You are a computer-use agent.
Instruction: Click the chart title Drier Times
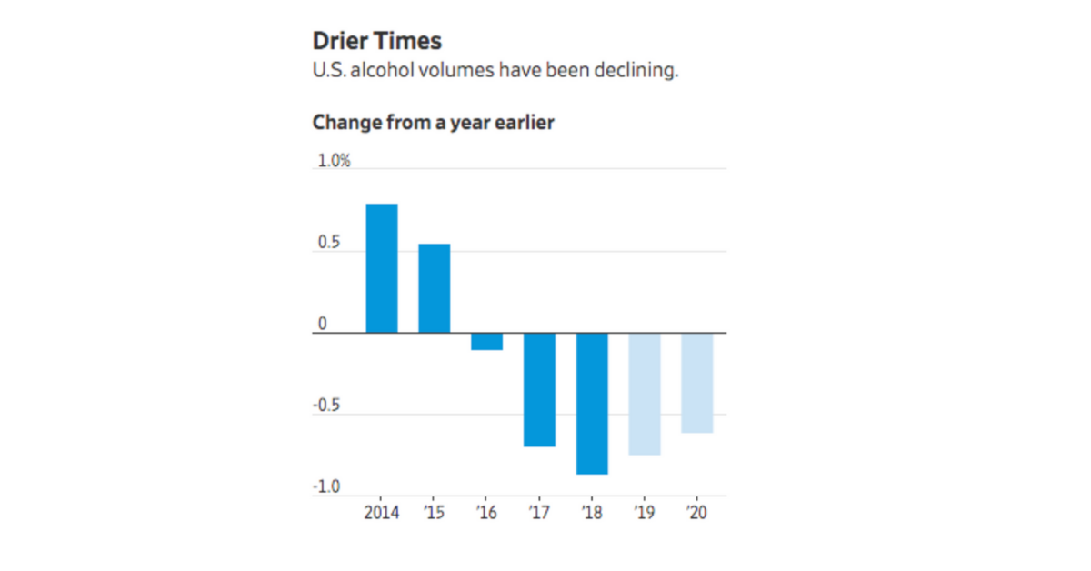(376, 42)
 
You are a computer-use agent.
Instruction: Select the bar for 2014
(382, 268)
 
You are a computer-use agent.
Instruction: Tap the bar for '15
(434, 288)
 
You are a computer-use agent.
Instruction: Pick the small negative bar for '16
(486, 342)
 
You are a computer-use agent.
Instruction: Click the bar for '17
(539, 390)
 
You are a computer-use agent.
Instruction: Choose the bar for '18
(592, 404)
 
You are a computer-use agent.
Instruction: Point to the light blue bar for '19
(645, 394)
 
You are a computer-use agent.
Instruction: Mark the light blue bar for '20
(697, 383)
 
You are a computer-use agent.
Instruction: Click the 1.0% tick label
(333, 162)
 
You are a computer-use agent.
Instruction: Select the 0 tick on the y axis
(321, 325)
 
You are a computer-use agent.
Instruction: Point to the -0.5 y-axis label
(326, 406)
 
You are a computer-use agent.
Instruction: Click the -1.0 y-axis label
(326, 487)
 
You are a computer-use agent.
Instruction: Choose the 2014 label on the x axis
(381, 512)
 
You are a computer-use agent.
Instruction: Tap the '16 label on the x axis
(486, 512)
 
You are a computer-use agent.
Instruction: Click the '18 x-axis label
(592, 512)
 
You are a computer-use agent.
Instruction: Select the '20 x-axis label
(696, 512)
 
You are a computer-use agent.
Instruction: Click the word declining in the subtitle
(639, 70)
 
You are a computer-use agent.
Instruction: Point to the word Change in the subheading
(343, 122)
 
